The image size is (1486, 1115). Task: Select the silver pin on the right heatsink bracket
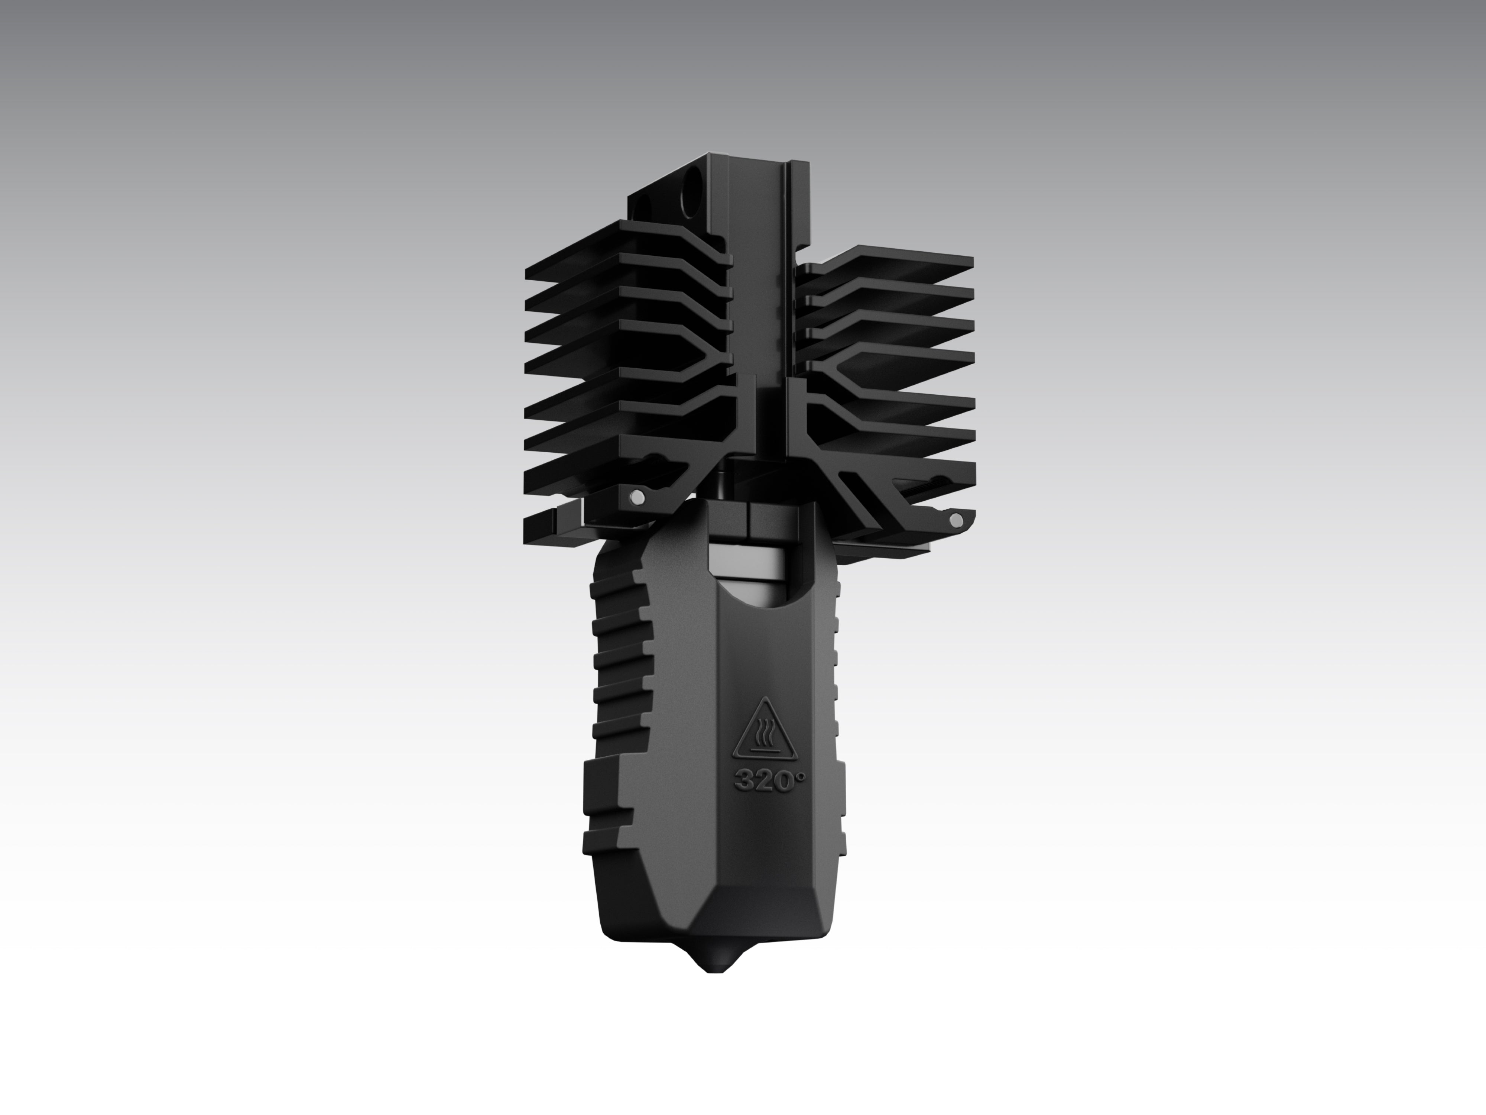[x=955, y=520]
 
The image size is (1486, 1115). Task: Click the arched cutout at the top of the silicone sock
[x=762, y=591]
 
